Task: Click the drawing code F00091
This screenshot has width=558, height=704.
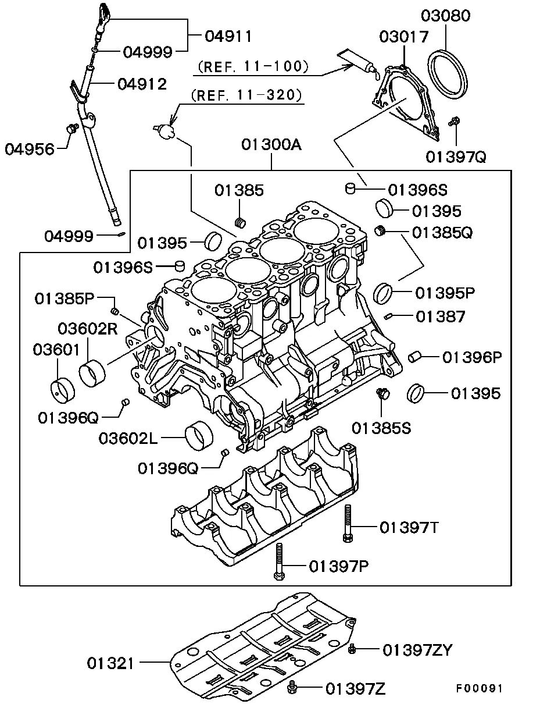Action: click(478, 688)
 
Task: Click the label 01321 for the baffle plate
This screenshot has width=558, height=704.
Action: click(110, 663)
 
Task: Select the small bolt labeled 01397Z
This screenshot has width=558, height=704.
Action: click(293, 689)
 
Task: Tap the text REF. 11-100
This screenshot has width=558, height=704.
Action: click(253, 67)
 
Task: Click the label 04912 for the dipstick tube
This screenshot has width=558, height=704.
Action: click(142, 84)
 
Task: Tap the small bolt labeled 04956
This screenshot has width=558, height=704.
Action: click(73, 127)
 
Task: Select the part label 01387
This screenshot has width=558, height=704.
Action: click(440, 317)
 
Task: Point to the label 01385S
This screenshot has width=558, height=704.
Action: click(381, 428)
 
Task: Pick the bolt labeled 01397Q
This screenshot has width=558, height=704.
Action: click(455, 122)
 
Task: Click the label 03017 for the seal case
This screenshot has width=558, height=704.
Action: click(404, 37)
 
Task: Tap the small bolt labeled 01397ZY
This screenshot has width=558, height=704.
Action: click(352, 649)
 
